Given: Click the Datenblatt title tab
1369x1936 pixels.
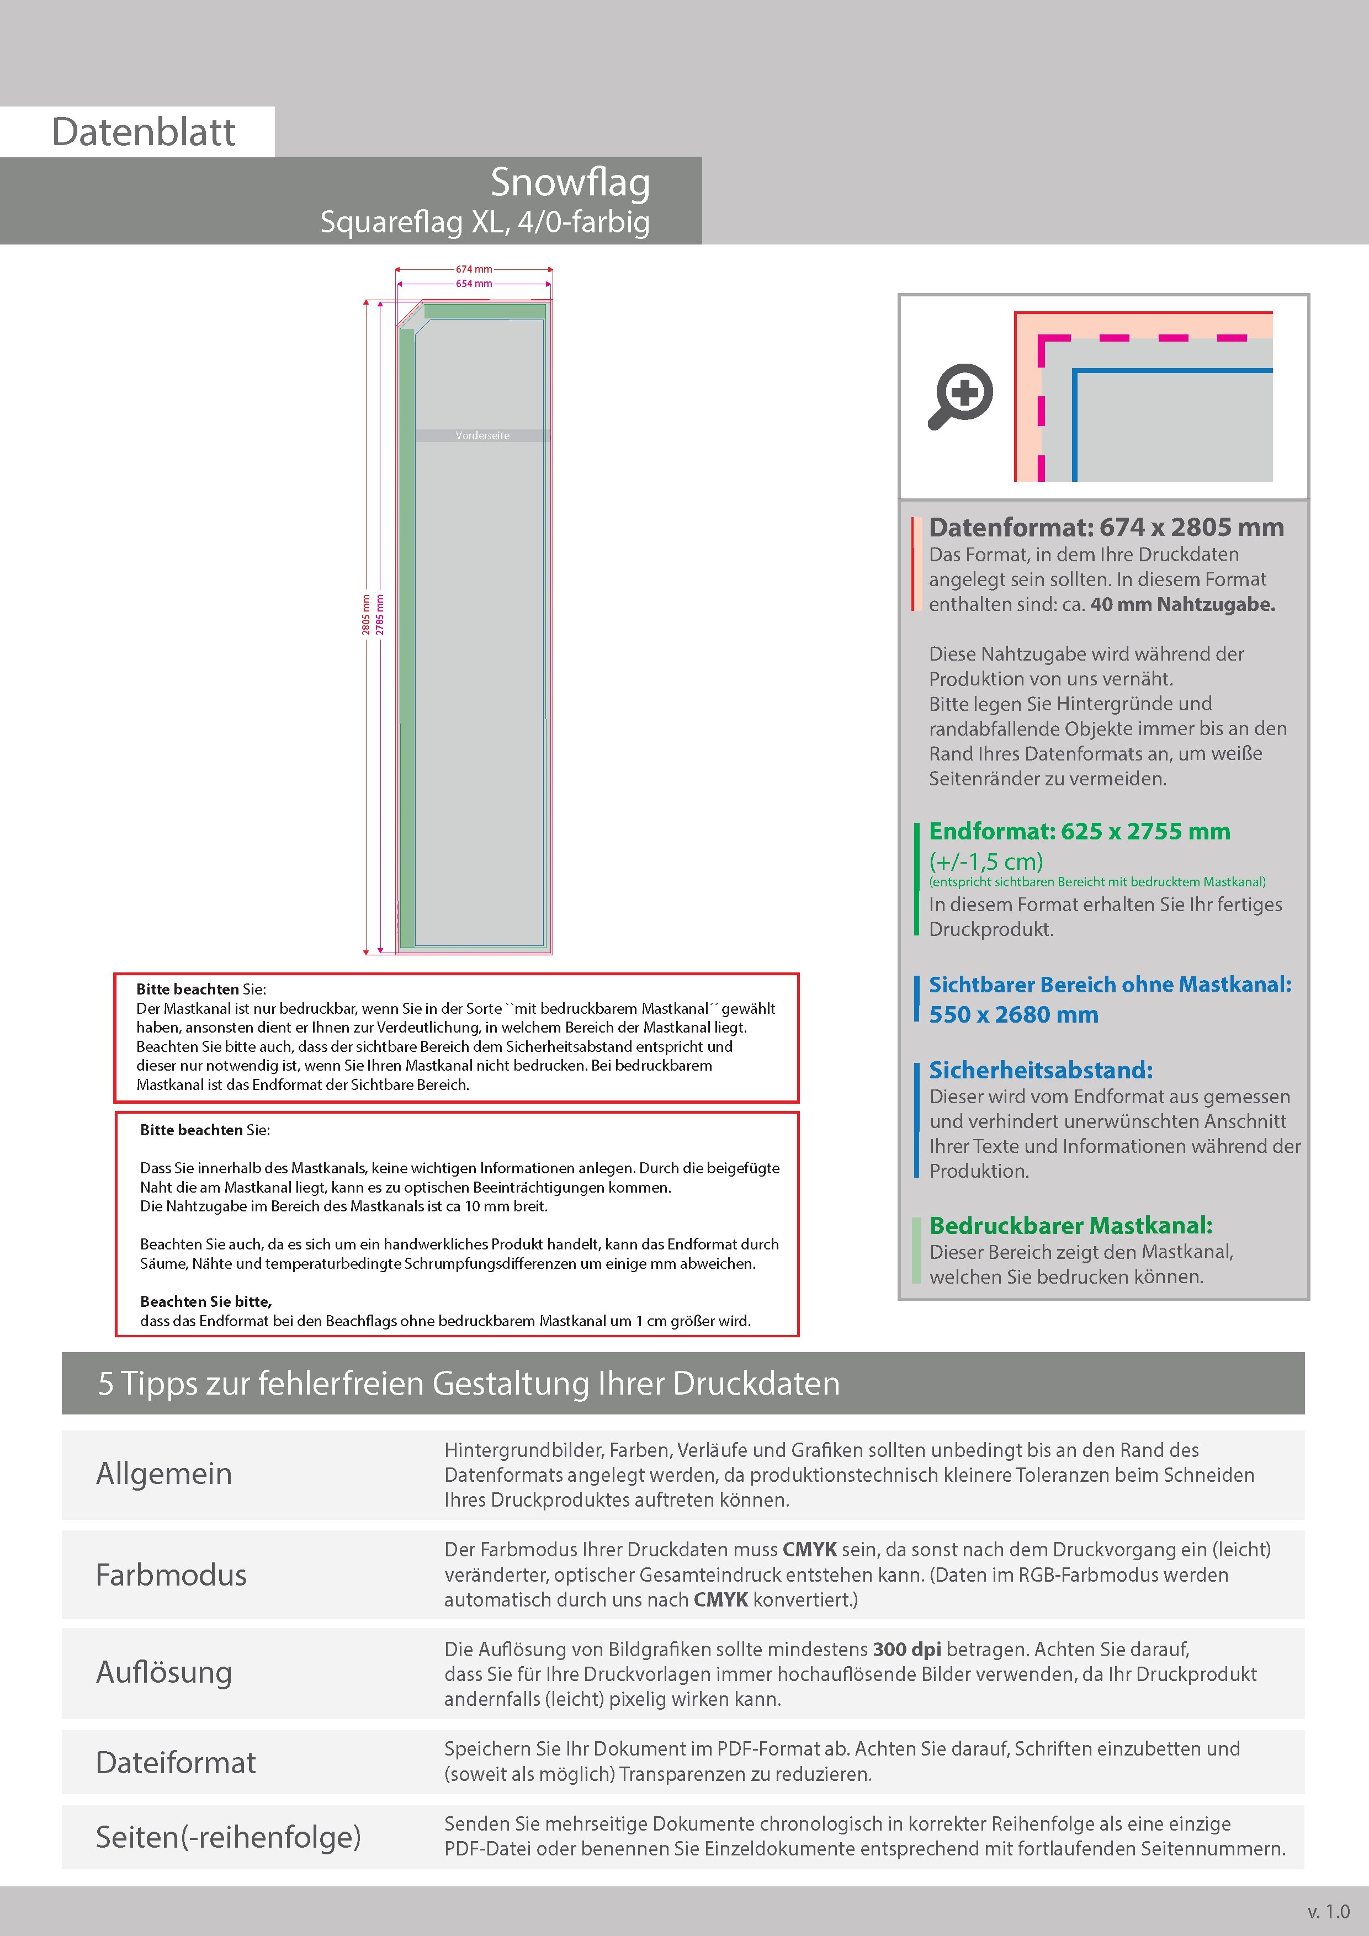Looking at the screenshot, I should (x=144, y=132).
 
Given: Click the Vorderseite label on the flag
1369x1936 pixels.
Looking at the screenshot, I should (x=482, y=436).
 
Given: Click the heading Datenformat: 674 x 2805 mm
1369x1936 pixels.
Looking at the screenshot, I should (x=1106, y=528).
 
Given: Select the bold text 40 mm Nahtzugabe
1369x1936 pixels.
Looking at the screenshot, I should (x=1182, y=604).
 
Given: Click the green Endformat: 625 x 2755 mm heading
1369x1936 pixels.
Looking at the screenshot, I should (x=1079, y=831).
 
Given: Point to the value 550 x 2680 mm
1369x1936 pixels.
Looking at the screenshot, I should (x=1013, y=1014).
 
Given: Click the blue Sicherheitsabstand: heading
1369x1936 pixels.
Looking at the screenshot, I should (x=1040, y=1070).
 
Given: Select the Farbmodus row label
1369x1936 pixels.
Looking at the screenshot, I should (x=171, y=1575).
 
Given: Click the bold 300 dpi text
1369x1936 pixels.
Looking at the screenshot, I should (x=907, y=1650).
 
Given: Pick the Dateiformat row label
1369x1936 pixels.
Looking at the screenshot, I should (x=176, y=1762).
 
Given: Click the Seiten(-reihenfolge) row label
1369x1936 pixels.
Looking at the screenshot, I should (x=228, y=1837).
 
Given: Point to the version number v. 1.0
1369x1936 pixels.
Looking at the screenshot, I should (x=1329, y=1912).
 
